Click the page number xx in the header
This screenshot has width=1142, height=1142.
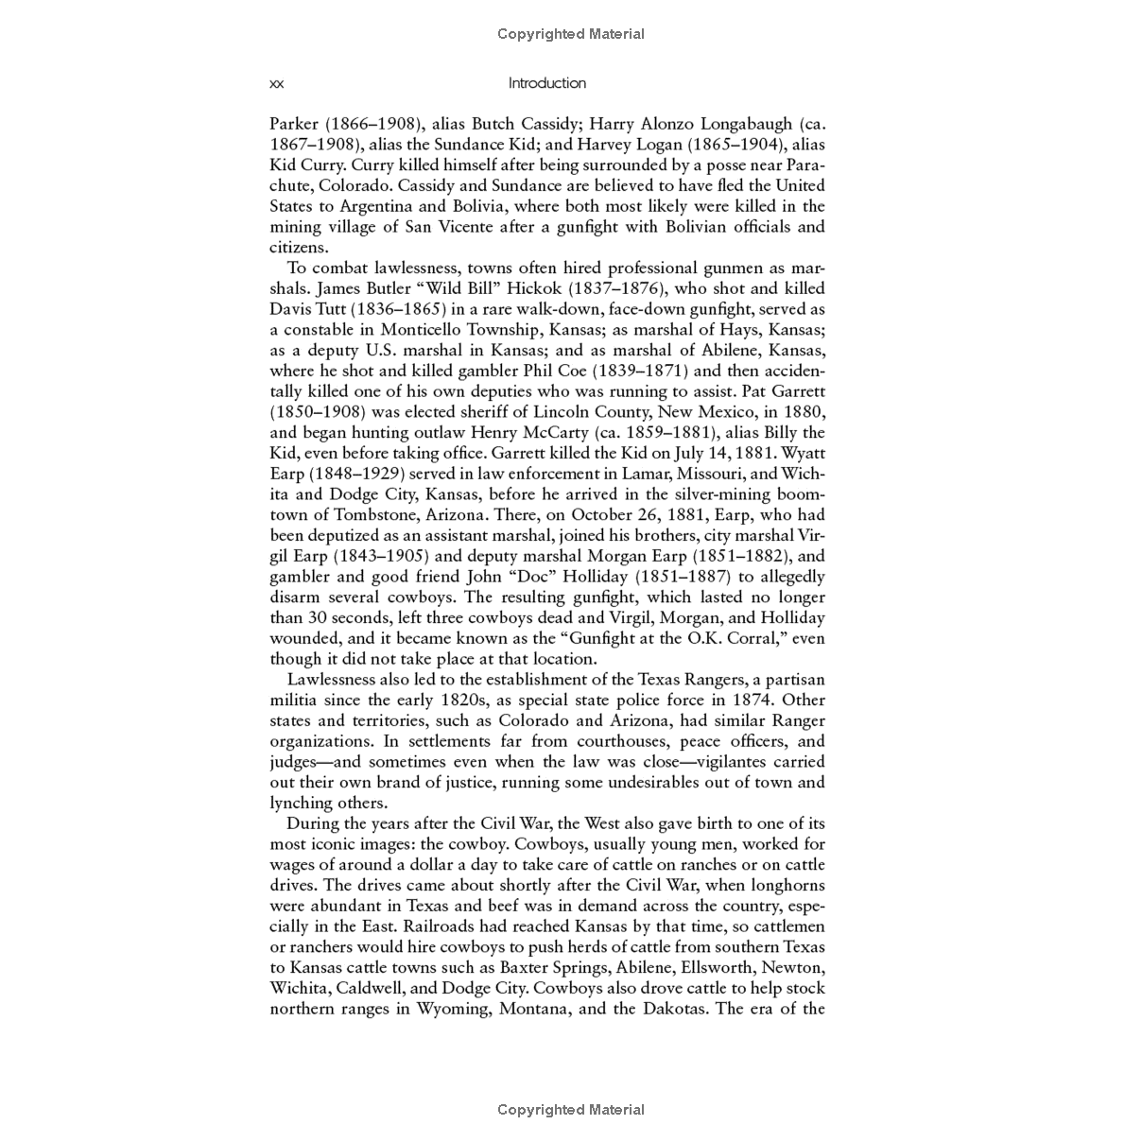click(276, 84)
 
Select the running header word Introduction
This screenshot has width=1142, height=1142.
click(546, 83)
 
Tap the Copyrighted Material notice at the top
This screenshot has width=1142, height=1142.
click(571, 34)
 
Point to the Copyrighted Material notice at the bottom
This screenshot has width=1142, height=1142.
click(571, 1110)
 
